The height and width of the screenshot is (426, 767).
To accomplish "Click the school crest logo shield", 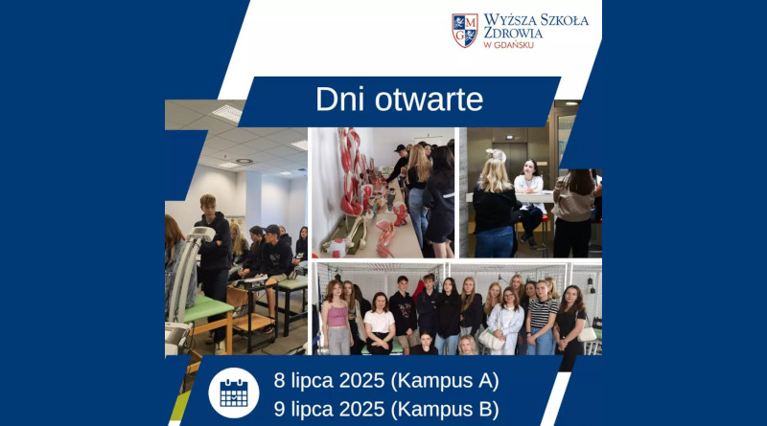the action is point(464,31).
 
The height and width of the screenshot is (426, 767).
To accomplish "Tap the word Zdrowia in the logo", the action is point(513,33).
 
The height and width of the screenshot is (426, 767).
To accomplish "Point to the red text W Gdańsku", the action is point(508,45).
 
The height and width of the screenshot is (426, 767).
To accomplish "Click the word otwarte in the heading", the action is point(429,101).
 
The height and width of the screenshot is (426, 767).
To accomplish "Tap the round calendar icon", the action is point(234,392).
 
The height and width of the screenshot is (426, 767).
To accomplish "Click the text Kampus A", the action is point(445,381).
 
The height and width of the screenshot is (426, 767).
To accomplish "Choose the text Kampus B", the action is point(445,409).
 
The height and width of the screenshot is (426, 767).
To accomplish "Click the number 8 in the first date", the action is point(279,381).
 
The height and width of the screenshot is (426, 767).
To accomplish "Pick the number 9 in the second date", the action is point(279,409).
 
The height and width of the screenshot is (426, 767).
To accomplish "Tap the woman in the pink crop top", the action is point(337,318).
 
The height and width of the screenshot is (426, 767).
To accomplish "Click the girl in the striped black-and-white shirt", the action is point(542,318).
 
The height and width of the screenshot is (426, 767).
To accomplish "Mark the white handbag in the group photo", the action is point(491,339).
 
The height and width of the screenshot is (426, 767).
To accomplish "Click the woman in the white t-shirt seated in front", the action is point(379,324).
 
